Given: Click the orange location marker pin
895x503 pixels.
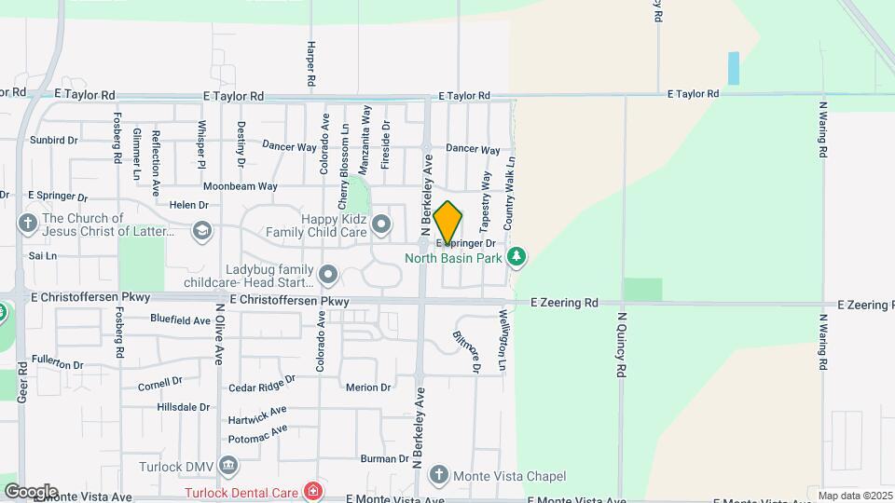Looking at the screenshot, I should (448, 223).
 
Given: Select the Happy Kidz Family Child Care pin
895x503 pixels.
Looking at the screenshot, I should (381, 224).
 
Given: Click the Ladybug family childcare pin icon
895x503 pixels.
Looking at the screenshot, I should (328, 274).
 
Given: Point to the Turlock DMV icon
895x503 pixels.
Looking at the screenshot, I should (228, 465).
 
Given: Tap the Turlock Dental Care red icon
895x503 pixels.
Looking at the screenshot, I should (313, 491).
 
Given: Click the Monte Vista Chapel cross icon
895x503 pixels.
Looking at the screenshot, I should (437, 476).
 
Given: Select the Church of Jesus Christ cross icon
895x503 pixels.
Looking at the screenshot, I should (27, 224).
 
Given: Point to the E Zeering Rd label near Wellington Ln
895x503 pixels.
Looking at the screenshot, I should (564, 303).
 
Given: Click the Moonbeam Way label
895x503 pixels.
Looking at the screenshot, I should (241, 186).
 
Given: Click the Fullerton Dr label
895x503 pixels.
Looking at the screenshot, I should (58, 358).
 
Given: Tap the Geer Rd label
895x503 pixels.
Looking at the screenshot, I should (21, 382).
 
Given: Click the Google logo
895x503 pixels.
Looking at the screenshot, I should (30, 491).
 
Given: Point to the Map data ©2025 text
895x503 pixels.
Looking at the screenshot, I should (853, 496).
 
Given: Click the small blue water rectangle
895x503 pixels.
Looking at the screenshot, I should (733, 68).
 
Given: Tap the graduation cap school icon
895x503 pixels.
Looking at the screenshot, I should (201, 230).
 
